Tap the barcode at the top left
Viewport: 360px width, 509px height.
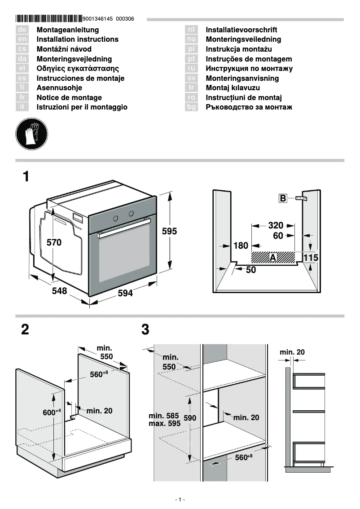[48, 19]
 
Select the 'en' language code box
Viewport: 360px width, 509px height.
[22, 39]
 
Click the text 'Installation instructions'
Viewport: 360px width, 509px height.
[77, 39]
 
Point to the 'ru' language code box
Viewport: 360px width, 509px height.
[192, 69]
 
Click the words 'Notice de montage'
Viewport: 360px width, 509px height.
[69, 97]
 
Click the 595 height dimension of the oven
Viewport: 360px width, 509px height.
[169, 232]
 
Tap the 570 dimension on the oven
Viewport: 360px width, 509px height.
[54, 242]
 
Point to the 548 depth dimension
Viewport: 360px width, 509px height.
[59, 291]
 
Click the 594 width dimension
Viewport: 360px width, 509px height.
[125, 293]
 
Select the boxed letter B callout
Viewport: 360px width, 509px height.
[283, 198]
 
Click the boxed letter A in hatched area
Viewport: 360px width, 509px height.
[272, 257]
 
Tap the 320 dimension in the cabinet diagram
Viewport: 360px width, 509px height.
[276, 225]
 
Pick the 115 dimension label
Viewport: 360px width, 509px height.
[311, 258]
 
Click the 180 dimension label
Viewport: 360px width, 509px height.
[241, 246]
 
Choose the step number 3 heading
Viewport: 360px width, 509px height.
[145, 330]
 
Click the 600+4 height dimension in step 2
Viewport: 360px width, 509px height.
[52, 412]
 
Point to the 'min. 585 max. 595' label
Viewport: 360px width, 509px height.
[164, 420]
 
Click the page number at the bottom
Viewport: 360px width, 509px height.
[180, 500]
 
